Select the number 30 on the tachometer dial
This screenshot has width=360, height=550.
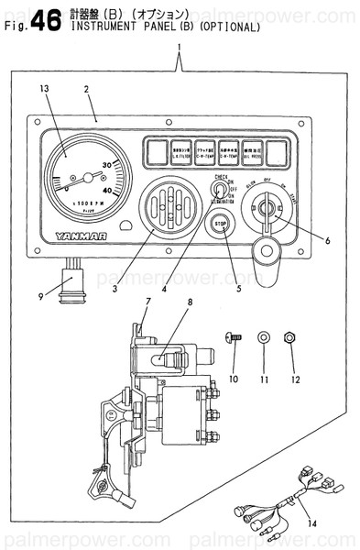107,165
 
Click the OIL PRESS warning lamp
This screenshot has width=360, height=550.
254,151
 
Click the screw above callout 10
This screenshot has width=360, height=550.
234,337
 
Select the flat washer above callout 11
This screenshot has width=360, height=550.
264,337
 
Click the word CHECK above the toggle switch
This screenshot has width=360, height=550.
221,175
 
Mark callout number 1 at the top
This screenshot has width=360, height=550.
180,47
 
